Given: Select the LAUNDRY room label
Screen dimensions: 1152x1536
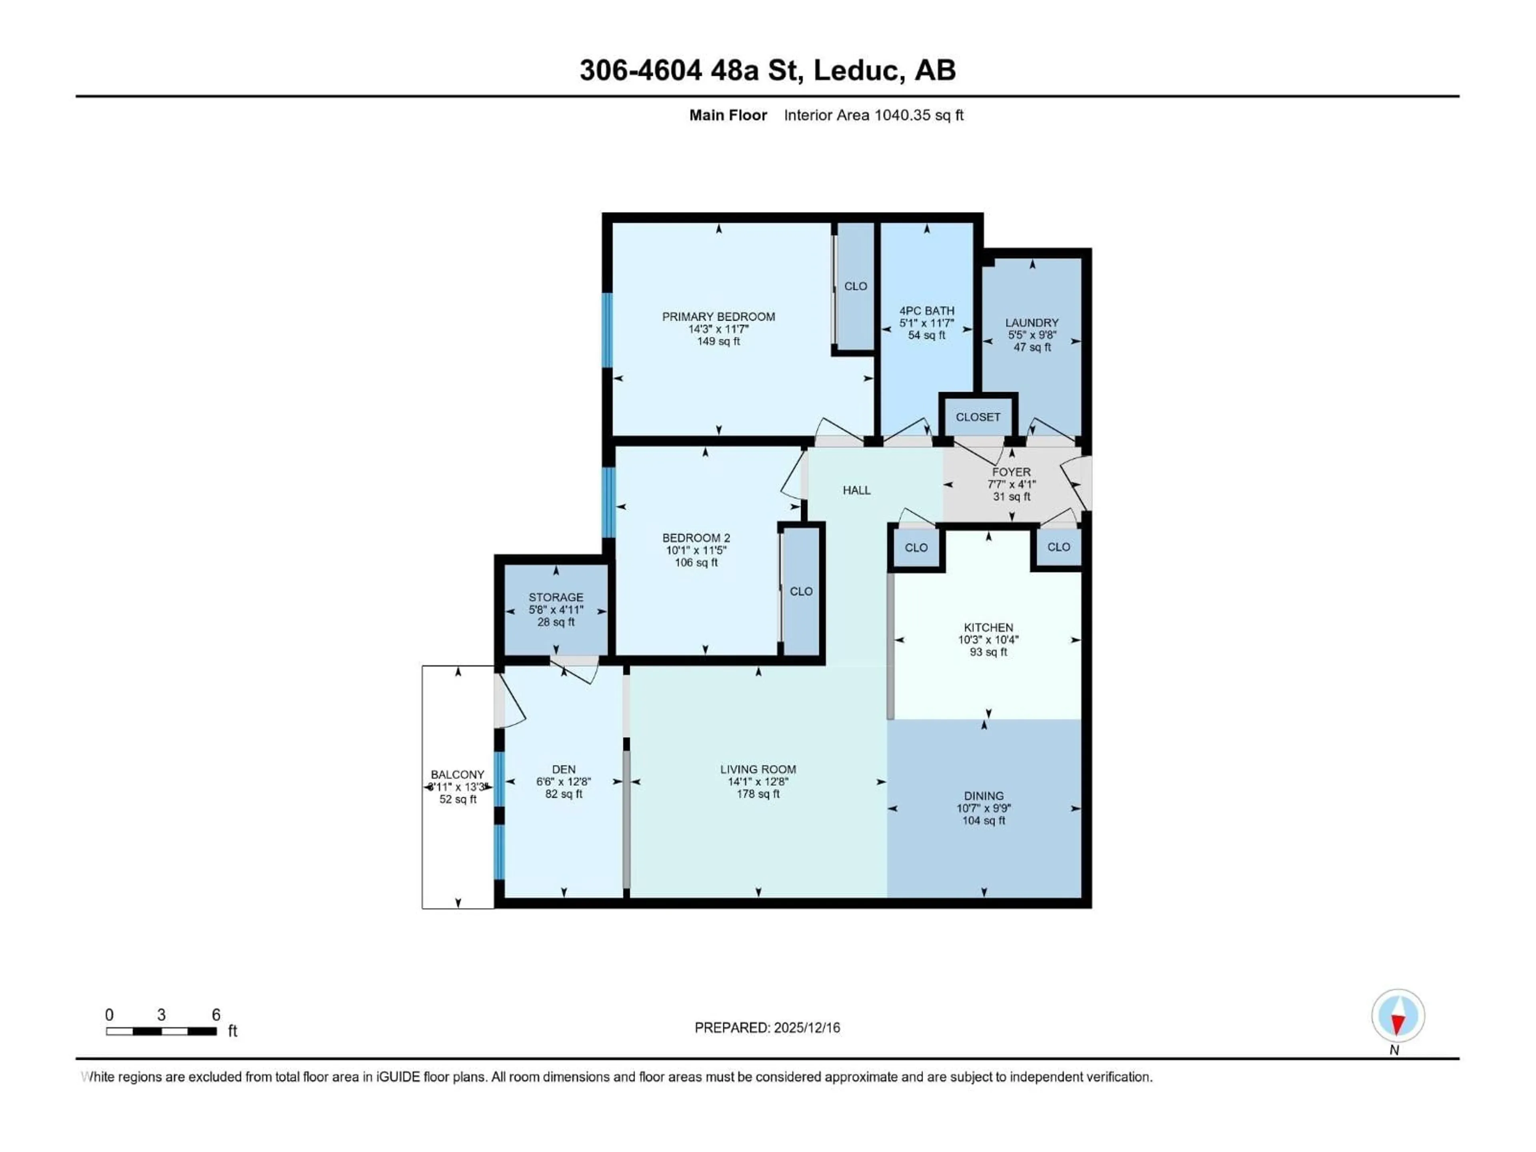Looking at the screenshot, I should click(1032, 323).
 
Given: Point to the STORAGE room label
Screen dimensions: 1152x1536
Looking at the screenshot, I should click(556, 597).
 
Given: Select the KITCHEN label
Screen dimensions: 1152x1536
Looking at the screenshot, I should click(988, 627).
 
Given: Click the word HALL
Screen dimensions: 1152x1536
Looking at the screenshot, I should click(856, 490).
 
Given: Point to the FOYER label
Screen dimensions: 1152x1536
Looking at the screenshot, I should click(1011, 472).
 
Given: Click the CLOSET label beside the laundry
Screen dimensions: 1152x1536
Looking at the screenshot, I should click(978, 417).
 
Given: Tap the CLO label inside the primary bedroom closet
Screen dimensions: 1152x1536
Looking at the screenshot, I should click(856, 286).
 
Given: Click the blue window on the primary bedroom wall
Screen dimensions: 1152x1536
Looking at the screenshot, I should click(608, 330).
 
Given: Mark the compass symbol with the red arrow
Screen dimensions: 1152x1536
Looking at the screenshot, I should click(1398, 1015).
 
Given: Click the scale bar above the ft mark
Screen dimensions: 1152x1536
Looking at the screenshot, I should click(161, 1031).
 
